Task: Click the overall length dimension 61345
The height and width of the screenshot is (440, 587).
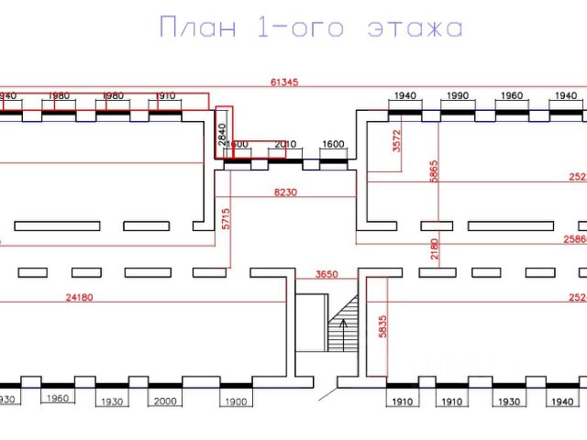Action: point(284,82)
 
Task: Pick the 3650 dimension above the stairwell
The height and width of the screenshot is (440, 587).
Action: point(327,274)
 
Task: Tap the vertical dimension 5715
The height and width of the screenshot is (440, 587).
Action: point(224,218)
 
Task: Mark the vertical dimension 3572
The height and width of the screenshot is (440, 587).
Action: point(397,140)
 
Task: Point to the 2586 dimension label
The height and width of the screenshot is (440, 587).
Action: point(574,238)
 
